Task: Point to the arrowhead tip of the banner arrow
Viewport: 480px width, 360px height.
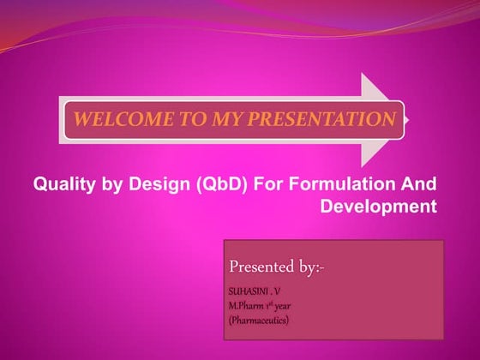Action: [x=410, y=119]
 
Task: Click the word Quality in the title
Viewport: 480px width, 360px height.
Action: [x=61, y=184]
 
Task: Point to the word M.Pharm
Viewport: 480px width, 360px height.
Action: [x=248, y=306]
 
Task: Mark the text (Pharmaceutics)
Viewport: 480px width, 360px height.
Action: [x=258, y=320]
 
